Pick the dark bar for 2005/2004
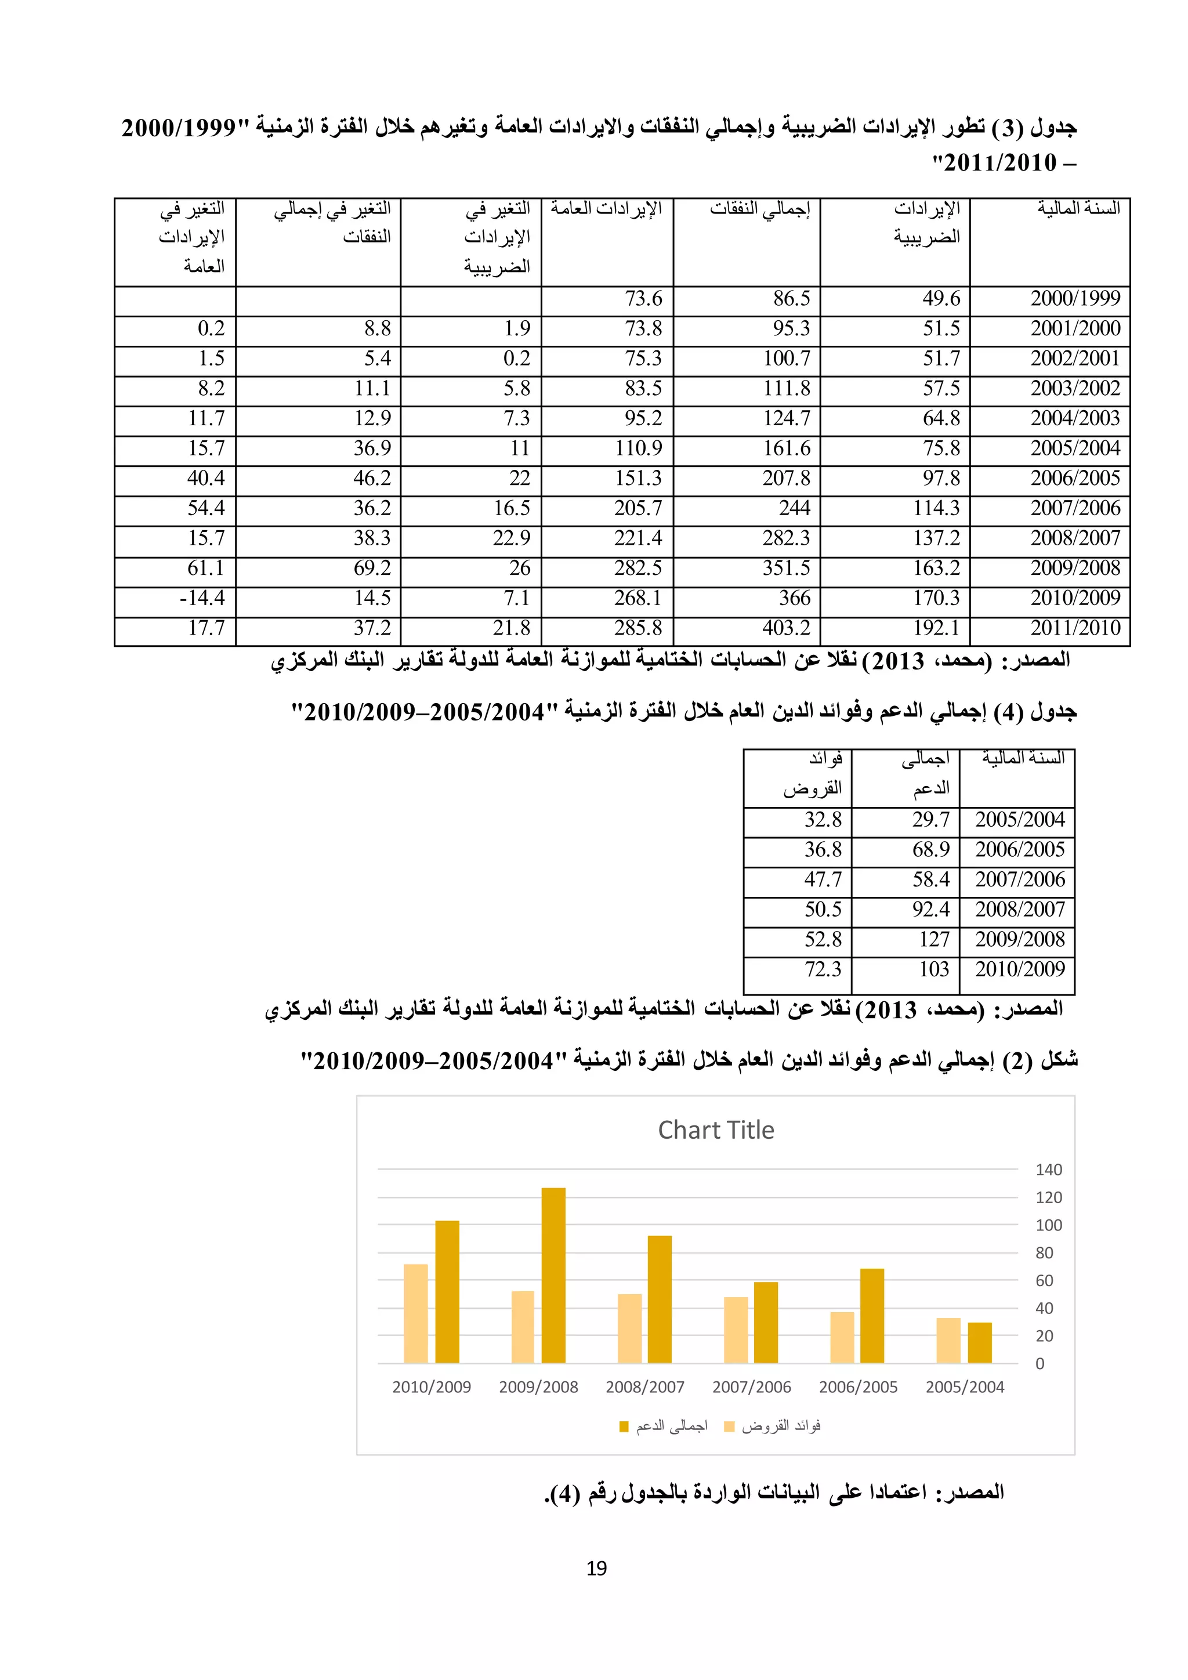click(x=980, y=1343)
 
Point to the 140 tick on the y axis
click(x=1048, y=1170)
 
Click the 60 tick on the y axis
click(x=1044, y=1280)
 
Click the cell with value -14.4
click(x=202, y=599)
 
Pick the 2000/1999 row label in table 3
click(x=1075, y=299)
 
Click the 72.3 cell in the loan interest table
click(x=823, y=969)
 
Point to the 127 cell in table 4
click(x=933, y=940)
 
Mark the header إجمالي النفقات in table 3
click(x=759, y=209)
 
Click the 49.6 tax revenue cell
click(x=941, y=299)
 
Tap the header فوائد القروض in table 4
click(x=813, y=773)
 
